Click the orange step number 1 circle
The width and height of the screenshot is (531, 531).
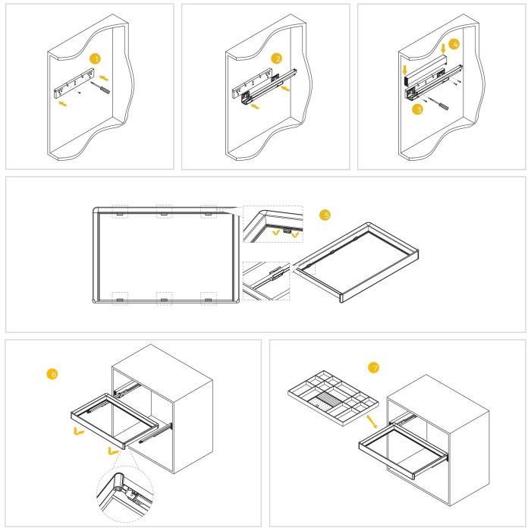(x=95, y=58)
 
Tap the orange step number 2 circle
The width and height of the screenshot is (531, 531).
(x=278, y=58)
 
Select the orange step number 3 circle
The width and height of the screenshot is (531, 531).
(x=416, y=109)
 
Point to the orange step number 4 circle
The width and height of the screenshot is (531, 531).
(x=453, y=45)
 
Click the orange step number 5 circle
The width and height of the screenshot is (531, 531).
(x=325, y=215)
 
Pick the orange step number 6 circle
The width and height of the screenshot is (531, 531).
(x=52, y=373)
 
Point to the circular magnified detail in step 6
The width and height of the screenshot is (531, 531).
(x=124, y=490)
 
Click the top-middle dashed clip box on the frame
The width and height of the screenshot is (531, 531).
(x=164, y=211)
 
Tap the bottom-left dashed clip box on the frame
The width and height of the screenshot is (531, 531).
(x=120, y=297)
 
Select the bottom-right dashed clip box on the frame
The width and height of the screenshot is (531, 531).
(x=208, y=297)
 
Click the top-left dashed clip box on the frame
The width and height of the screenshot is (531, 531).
(x=120, y=211)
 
